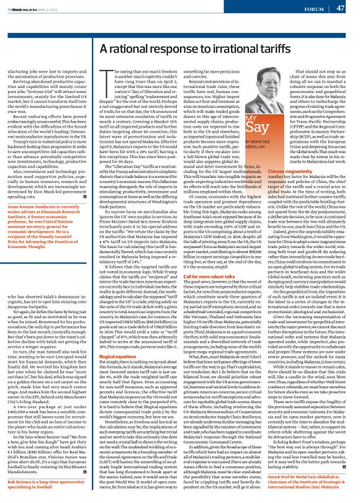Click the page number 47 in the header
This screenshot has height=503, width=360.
click(x=340, y=9)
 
